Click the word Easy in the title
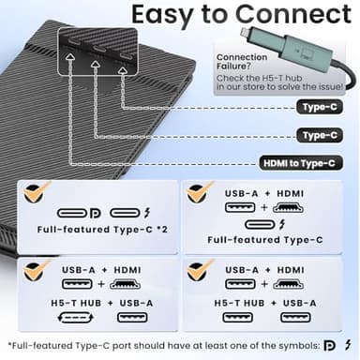tap(167, 16)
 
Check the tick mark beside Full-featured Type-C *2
tap(36, 195)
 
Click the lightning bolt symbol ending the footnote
tap(348, 345)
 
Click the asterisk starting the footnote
tap(7, 344)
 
